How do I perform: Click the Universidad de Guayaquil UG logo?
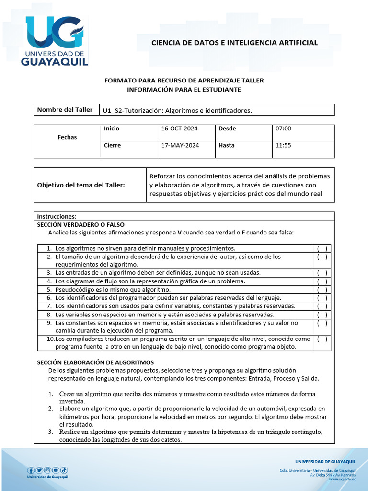point(55,40)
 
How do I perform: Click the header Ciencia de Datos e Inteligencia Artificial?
point(234,43)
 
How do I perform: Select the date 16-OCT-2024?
point(179,129)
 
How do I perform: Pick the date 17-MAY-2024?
point(180,145)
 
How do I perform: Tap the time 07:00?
point(283,129)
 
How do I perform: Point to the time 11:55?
point(283,145)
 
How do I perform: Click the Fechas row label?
point(67,137)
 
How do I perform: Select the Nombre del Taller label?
point(65,110)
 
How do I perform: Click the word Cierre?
point(112,145)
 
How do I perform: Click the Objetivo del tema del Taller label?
point(80,185)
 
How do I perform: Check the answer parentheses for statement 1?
point(322,248)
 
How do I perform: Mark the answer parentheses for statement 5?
point(322,290)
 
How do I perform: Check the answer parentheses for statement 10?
point(322,339)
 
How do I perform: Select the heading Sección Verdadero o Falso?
point(80,224)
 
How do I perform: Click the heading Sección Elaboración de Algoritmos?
point(95,362)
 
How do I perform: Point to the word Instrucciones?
point(57,216)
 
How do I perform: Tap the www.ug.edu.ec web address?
point(342,479)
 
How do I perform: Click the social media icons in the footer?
point(47,470)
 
